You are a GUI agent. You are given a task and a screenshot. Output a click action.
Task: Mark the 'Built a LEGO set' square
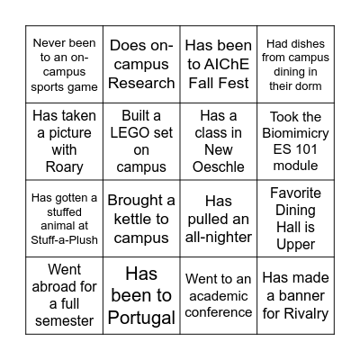141,140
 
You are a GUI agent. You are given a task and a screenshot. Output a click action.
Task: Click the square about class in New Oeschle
218,140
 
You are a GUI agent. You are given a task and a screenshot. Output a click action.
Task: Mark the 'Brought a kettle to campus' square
141,218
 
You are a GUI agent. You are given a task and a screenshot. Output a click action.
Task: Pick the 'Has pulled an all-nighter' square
218,218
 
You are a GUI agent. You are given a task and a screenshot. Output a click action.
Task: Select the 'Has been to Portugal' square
141,295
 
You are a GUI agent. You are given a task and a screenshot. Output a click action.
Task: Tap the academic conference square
218,295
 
